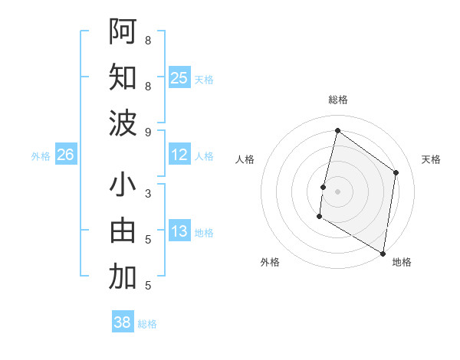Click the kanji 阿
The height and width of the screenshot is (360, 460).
(x=123, y=31)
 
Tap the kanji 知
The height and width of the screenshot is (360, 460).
(x=123, y=77)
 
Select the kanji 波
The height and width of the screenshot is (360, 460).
(x=123, y=123)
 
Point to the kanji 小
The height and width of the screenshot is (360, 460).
(x=123, y=186)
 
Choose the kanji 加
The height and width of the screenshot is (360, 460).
(x=123, y=277)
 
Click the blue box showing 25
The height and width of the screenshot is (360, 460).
(x=179, y=77)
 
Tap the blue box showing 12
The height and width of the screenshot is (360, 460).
(x=179, y=155)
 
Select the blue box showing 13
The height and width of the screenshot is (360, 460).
(x=179, y=231)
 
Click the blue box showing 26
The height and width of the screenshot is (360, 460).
(x=65, y=155)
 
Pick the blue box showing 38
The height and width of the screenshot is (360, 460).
(x=123, y=322)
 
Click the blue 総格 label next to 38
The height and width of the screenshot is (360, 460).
(x=147, y=324)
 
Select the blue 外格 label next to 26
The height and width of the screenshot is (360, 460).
(x=41, y=156)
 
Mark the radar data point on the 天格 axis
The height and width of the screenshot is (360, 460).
(x=396, y=172)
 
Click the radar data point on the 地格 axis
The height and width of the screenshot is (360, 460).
(x=383, y=253)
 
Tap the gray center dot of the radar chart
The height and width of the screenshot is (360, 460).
(x=337, y=191)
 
